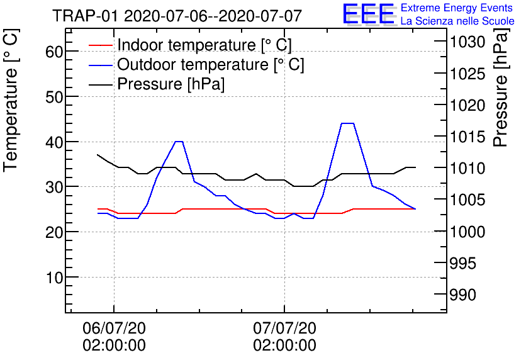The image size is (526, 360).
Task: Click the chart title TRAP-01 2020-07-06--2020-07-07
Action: click(x=177, y=16)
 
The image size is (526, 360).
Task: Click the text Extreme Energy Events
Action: click(x=457, y=8)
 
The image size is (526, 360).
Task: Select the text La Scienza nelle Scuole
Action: click(x=457, y=21)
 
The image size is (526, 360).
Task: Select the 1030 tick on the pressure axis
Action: click(x=466, y=43)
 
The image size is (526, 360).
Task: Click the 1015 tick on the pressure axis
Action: click(x=466, y=137)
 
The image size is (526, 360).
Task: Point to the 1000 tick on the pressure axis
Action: click(x=466, y=232)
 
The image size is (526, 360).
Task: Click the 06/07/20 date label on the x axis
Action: click(x=114, y=328)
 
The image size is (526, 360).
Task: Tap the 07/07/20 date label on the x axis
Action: click(x=284, y=328)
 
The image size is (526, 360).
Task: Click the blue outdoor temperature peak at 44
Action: click(x=347, y=123)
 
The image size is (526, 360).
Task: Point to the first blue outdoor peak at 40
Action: click(x=179, y=142)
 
